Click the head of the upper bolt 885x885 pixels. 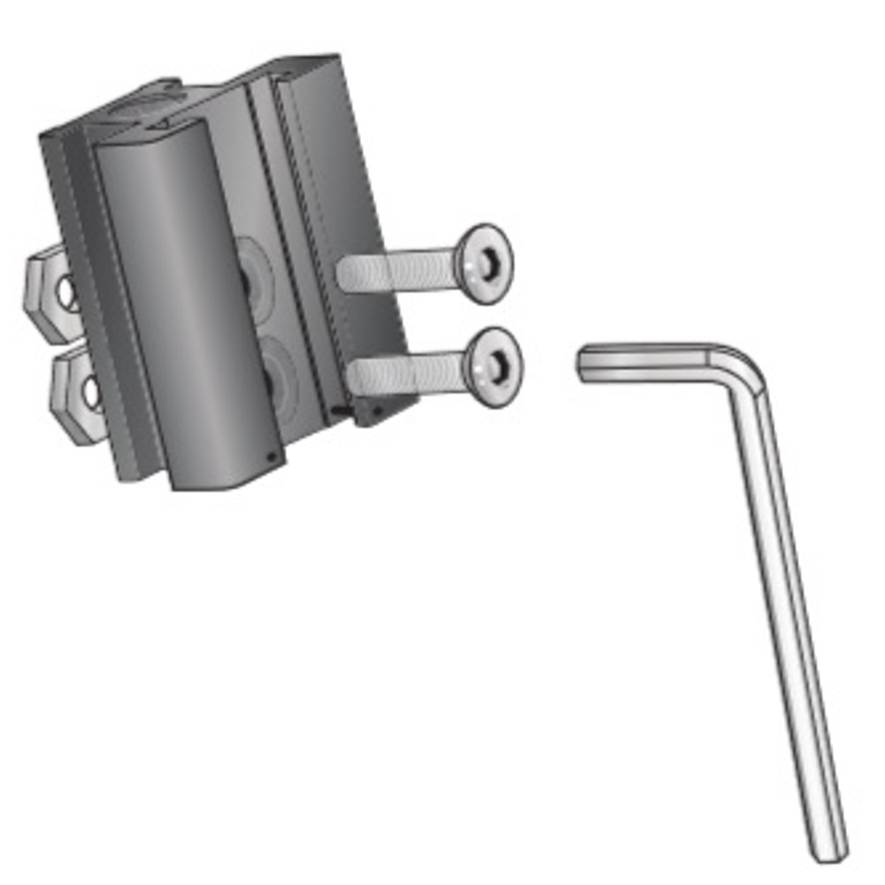click(484, 263)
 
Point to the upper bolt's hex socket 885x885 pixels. click(489, 264)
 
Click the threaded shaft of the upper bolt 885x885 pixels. click(398, 268)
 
